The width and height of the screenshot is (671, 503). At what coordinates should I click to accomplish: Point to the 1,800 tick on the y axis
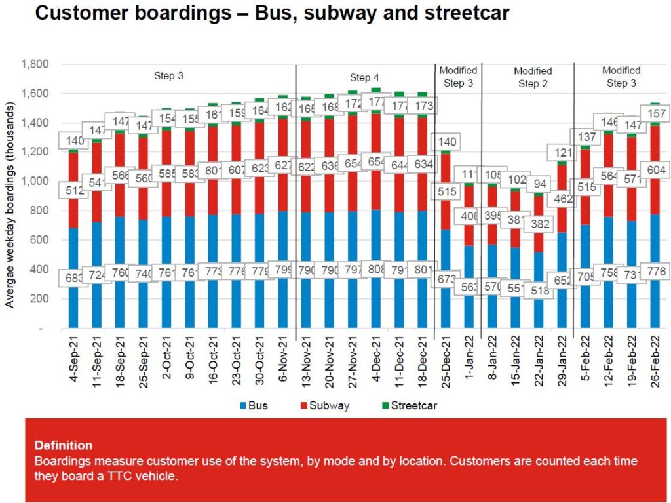[36, 64]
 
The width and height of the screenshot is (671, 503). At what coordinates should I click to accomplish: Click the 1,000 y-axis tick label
[36, 181]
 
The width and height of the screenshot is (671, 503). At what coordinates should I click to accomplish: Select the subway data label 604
[657, 168]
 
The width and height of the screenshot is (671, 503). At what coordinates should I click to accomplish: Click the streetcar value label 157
[657, 113]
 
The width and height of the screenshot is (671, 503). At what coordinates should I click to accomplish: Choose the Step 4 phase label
[364, 77]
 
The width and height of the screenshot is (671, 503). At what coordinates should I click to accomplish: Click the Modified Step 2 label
[533, 77]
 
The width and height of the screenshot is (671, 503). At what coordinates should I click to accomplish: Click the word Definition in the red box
[64, 445]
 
